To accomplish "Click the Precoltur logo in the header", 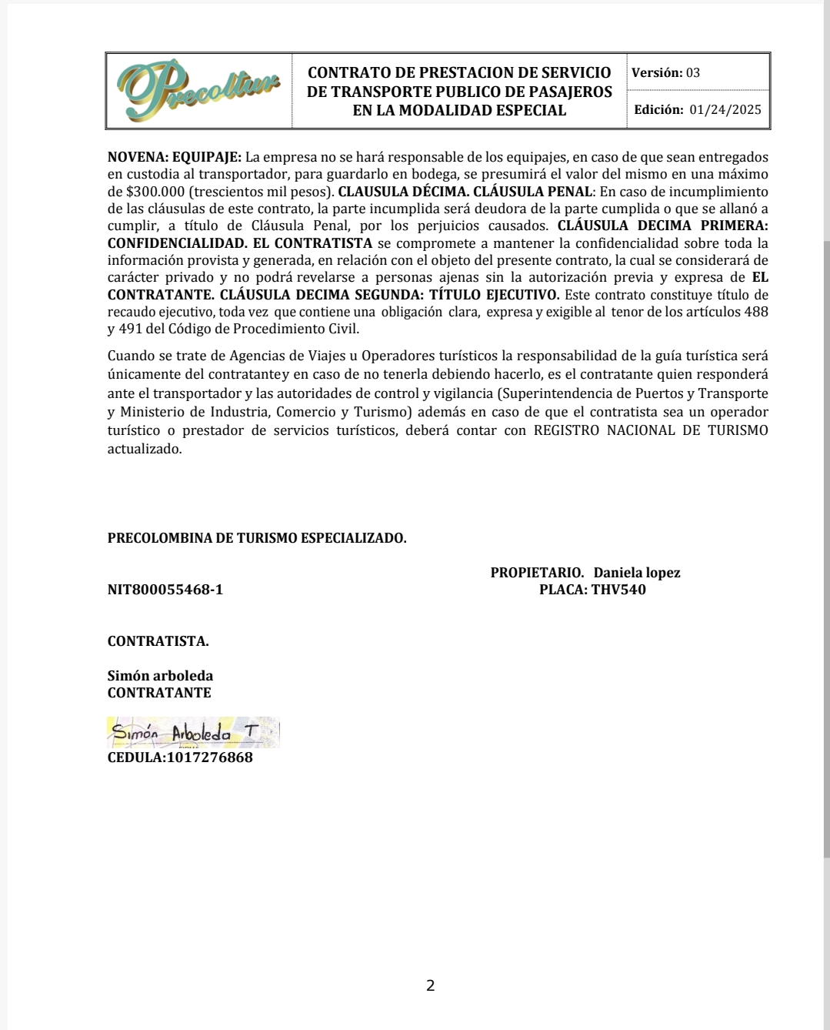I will tap(199, 91).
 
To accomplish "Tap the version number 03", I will tap(693, 73).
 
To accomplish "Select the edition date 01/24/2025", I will tap(725, 109).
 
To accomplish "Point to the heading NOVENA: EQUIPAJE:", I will tap(175, 157).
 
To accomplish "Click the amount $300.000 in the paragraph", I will tap(155, 192).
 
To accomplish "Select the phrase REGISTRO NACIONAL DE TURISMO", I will tap(651, 430).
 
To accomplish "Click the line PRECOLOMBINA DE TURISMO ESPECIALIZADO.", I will tap(257, 538).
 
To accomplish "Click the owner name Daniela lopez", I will tap(637, 573).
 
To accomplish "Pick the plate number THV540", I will tap(618, 590).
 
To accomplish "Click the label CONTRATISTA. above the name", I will tap(158, 641).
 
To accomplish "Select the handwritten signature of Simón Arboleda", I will tap(192, 733).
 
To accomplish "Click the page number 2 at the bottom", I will tap(431, 985).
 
